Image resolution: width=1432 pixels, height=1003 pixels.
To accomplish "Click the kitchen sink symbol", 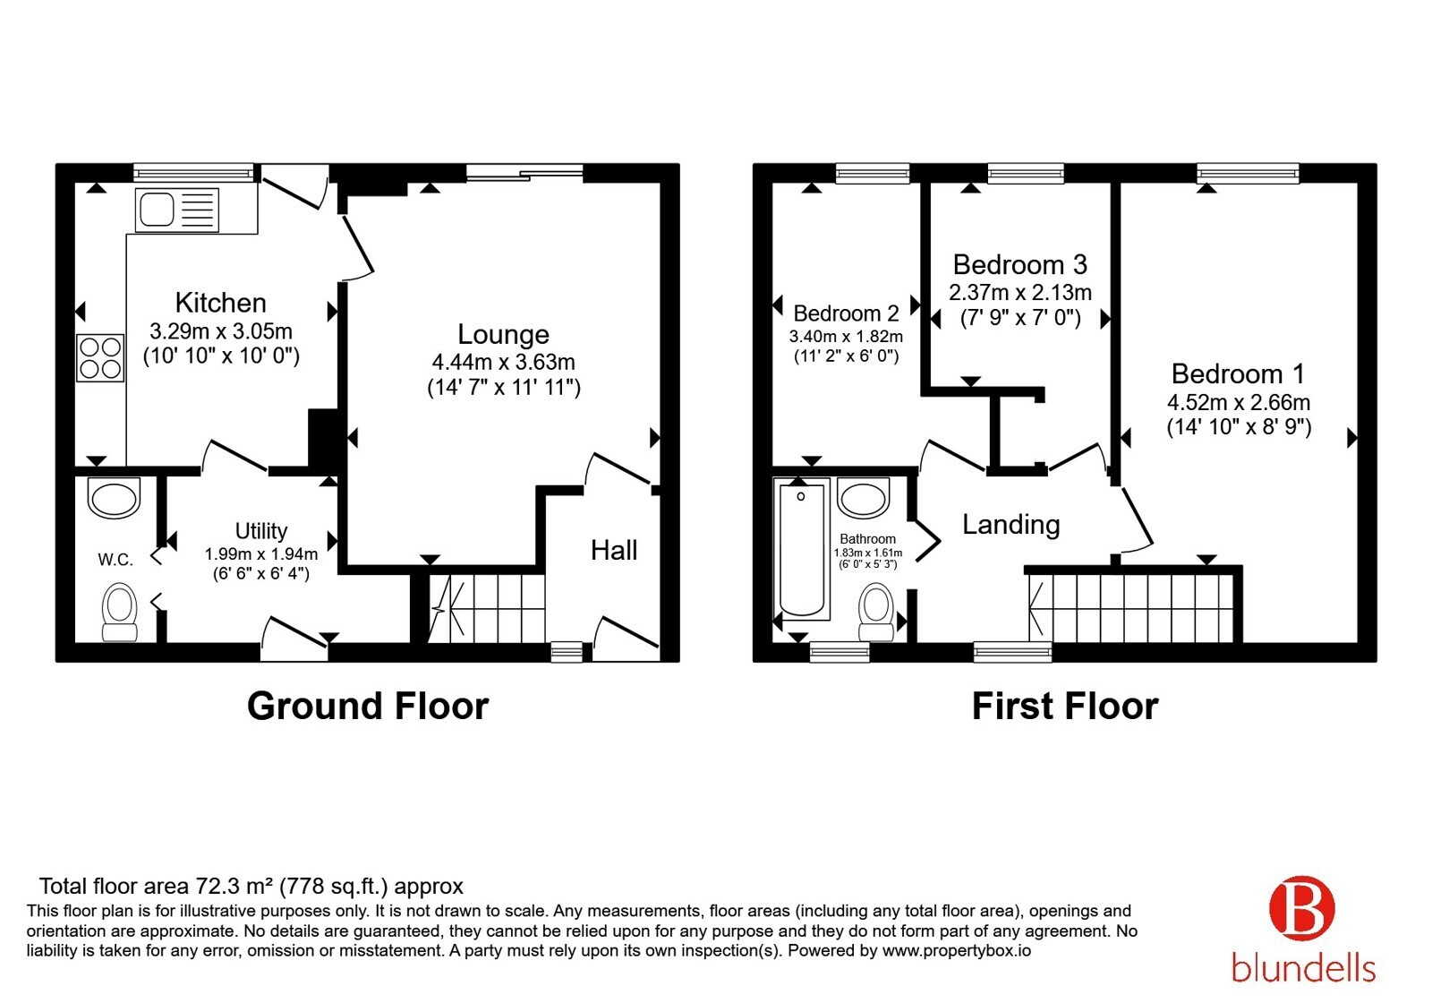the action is tap(177, 210).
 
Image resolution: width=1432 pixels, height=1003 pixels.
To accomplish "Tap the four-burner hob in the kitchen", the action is tap(100, 358).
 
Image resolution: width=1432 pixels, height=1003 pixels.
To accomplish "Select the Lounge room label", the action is tap(503, 334).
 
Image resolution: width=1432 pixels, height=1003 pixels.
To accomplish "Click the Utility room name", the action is tap(260, 531).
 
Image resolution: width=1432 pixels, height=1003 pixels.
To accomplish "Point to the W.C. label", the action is tap(115, 560).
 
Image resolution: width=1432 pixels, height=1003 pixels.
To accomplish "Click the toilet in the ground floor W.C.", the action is tap(120, 612).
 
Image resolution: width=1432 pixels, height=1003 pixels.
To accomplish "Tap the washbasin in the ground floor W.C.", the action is tap(114, 498).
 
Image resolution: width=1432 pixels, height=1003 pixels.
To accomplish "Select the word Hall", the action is tap(614, 550).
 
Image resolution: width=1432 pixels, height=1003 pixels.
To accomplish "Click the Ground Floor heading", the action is tap(368, 707).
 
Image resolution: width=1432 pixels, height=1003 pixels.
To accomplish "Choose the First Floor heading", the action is tap(1065, 707).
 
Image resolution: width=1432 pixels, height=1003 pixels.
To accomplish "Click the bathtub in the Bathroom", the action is tap(802, 550).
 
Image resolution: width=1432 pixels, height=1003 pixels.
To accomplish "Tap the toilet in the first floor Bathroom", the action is tap(876, 612).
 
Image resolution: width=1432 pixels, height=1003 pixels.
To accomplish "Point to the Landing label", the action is tap(1010, 525).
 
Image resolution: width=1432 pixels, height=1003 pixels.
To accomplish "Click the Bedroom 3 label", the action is tap(1019, 264).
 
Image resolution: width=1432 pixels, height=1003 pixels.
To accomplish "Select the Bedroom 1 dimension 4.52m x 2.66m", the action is tap(1239, 402).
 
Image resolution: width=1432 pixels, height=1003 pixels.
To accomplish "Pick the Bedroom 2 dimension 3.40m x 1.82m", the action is tap(846, 337).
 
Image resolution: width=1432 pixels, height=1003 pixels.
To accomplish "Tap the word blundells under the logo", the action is tap(1303, 968).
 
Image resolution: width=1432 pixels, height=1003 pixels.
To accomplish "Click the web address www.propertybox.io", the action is tap(957, 950).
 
